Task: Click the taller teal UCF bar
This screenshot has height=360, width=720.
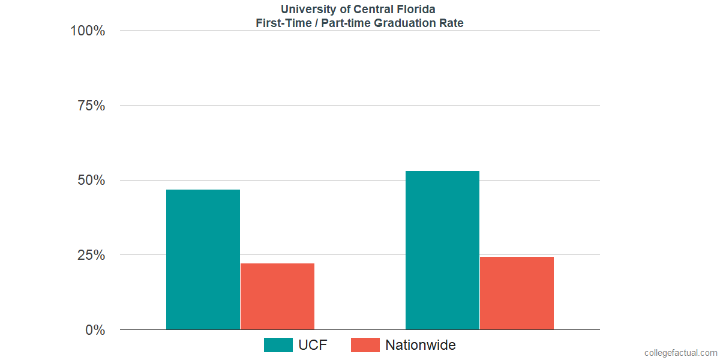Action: coord(442,250)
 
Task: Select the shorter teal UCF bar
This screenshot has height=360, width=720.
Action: coord(203,259)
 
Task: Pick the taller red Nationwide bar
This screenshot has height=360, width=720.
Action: coord(517,293)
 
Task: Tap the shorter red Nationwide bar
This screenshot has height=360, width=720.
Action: coord(277,296)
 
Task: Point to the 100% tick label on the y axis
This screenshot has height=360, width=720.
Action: coord(88,31)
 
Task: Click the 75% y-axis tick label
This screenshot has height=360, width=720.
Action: coord(91,106)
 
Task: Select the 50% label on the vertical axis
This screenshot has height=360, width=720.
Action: coord(91,181)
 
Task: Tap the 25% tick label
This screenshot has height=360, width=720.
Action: coord(91,255)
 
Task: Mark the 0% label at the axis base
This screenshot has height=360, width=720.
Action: coord(95,330)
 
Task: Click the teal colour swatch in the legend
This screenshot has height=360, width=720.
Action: coord(278,345)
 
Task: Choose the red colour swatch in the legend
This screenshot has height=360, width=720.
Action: coord(365,345)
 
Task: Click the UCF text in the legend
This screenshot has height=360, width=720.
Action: coord(313,345)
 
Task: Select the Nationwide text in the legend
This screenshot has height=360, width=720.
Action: coord(420,345)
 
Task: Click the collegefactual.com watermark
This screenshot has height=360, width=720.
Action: coord(680,353)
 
